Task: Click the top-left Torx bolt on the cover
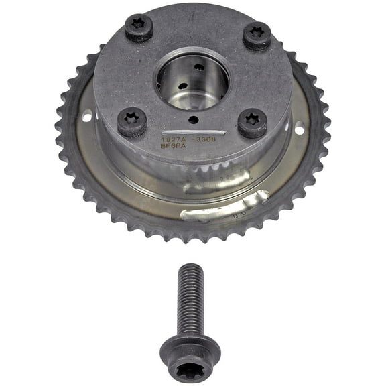139,27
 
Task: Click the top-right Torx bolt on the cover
257,36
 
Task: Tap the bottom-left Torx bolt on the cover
132,122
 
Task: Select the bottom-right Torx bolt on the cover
252,123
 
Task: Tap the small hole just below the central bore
193,120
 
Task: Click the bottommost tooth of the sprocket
192,240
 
